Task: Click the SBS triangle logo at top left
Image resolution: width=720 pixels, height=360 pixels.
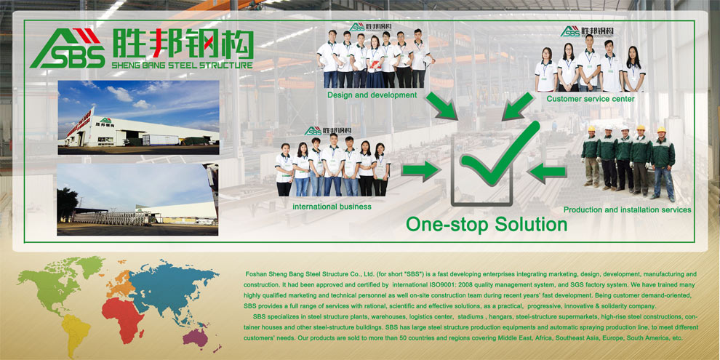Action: [x=68, y=48]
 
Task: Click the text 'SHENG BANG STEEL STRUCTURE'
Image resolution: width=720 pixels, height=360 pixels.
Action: [x=183, y=65]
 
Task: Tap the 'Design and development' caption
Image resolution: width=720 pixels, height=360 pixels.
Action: [x=372, y=95]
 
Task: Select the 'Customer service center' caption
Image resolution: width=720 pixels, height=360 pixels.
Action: [x=591, y=99]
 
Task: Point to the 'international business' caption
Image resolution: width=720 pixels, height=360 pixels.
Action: [x=332, y=207]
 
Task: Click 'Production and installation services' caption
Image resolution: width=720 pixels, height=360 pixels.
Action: [x=627, y=210]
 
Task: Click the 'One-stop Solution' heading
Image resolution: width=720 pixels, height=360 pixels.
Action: [x=487, y=225]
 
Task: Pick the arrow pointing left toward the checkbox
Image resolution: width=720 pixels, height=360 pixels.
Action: [x=547, y=172]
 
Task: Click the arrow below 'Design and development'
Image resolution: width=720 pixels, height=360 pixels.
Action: [x=441, y=106]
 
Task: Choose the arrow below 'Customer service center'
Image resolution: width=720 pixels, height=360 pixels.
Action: [x=518, y=106]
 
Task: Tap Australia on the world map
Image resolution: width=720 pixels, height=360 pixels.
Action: [x=196, y=338]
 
